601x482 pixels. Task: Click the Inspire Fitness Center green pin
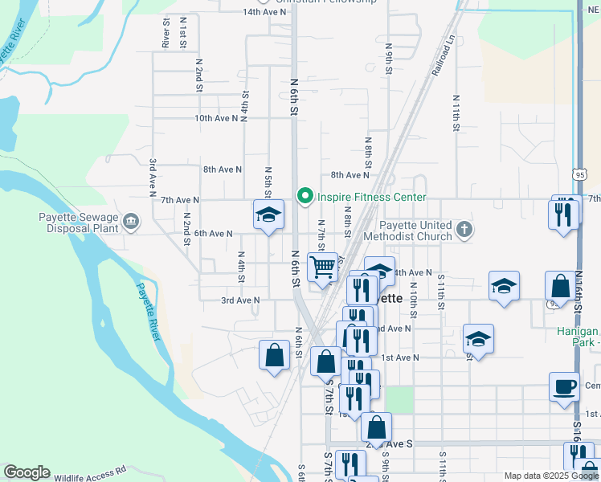tap(305, 196)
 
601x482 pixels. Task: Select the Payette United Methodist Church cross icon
tap(464, 231)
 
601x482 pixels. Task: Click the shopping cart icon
tap(322, 266)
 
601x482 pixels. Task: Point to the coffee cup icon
tap(564, 386)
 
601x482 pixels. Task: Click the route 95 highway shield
tap(580, 174)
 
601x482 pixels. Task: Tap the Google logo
tap(27, 472)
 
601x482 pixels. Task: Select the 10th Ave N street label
tap(216, 118)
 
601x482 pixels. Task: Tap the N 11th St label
tap(455, 112)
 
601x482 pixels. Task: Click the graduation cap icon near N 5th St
tap(269, 214)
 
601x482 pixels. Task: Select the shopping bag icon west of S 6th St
tap(274, 353)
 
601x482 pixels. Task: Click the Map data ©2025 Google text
tap(550, 476)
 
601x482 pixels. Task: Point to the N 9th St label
tap(388, 59)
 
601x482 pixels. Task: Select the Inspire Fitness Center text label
tap(371, 197)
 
